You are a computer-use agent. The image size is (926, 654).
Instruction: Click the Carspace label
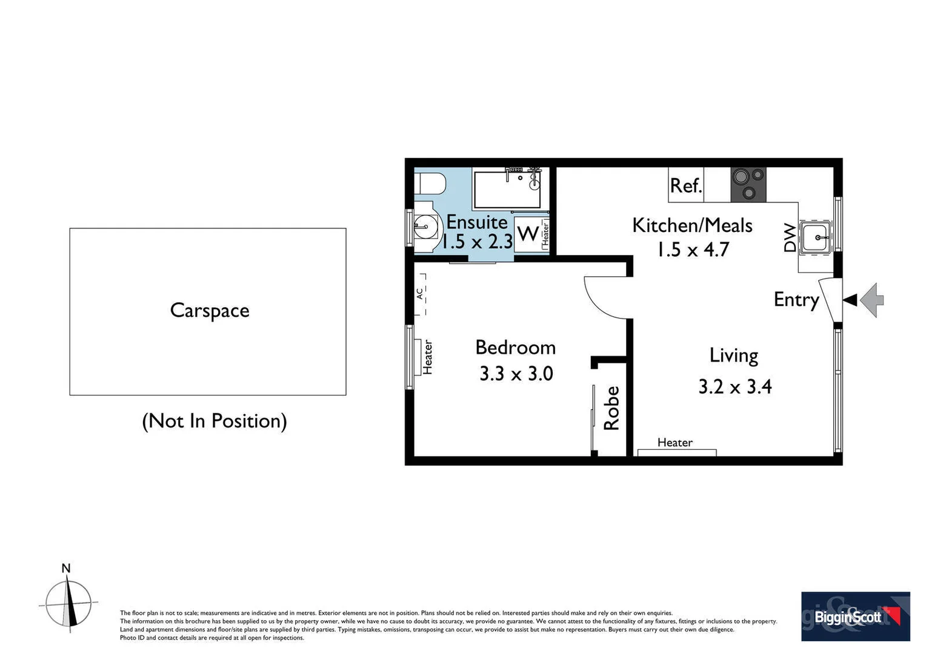(x=210, y=311)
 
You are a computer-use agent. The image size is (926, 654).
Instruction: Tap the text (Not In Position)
(x=214, y=421)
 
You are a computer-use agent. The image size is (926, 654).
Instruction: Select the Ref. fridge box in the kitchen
(x=685, y=185)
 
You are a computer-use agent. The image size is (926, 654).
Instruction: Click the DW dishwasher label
(x=790, y=237)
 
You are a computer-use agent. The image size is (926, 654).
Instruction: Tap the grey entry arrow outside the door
(x=873, y=300)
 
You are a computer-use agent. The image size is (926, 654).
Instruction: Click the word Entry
(x=796, y=300)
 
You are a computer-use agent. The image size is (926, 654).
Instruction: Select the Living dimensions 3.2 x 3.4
(x=734, y=386)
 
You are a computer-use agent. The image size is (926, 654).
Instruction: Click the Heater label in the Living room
(x=675, y=443)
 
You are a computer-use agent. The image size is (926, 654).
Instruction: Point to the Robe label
(x=611, y=408)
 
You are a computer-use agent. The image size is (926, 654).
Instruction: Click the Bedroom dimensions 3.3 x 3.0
(x=516, y=374)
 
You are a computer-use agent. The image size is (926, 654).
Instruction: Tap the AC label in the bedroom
(x=419, y=294)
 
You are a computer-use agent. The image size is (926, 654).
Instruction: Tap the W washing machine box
(x=527, y=233)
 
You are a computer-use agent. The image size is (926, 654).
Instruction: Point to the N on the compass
(x=66, y=568)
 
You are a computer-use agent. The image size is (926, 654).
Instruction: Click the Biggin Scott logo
(x=855, y=616)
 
